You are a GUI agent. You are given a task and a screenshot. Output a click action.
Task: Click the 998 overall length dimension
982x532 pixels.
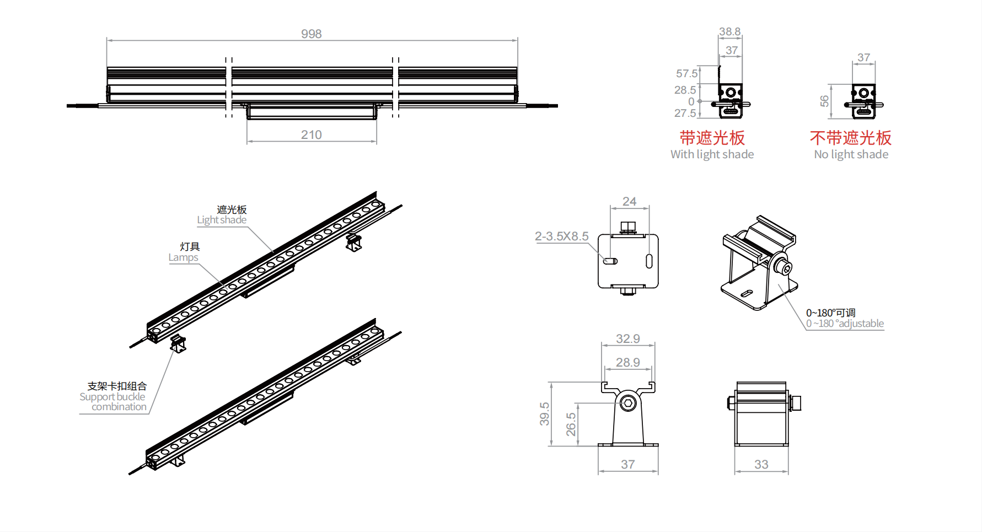pyautogui.click(x=311, y=34)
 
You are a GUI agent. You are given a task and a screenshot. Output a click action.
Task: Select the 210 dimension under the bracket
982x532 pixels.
pyautogui.click(x=311, y=135)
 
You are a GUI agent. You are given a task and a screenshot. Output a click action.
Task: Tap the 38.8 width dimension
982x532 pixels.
pyautogui.click(x=729, y=31)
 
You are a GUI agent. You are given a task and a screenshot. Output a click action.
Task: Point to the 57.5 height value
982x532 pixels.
pyautogui.click(x=686, y=73)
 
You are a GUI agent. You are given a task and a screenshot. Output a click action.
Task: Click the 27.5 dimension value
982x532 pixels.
pyautogui.click(x=685, y=113)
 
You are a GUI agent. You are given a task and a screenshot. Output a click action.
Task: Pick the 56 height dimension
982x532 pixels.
pyautogui.click(x=824, y=101)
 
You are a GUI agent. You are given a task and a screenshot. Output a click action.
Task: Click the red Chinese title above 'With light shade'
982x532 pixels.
pyautogui.click(x=712, y=138)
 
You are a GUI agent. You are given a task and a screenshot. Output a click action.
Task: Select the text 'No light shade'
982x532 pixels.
pyautogui.click(x=851, y=154)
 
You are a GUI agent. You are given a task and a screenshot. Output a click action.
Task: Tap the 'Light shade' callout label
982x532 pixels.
pyautogui.click(x=222, y=220)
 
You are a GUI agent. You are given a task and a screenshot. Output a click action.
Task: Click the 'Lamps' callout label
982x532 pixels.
pyautogui.click(x=183, y=257)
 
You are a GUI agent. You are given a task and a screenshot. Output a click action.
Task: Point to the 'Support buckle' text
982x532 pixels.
pyautogui.click(x=112, y=397)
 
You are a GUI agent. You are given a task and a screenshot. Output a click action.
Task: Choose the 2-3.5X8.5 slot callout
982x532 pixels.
pyautogui.click(x=561, y=236)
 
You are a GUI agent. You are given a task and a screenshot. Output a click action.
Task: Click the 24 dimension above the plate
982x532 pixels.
pyautogui.click(x=629, y=201)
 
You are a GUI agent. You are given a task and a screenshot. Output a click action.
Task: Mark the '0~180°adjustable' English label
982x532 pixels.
pyautogui.click(x=845, y=324)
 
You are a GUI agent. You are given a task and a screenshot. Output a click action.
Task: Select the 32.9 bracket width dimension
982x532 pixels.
pyautogui.click(x=627, y=338)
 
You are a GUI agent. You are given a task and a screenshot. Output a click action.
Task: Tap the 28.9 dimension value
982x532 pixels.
pyautogui.click(x=627, y=362)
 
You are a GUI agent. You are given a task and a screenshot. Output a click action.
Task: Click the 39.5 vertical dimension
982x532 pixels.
pyautogui.click(x=544, y=413)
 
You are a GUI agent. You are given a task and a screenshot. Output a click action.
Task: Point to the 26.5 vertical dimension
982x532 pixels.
pyautogui.click(x=571, y=424)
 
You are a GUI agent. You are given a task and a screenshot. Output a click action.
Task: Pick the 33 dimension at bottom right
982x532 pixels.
pyautogui.click(x=761, y=464)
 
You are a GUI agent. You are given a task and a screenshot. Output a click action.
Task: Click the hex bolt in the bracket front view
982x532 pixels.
pyautogui.click(x=627, y=402)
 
